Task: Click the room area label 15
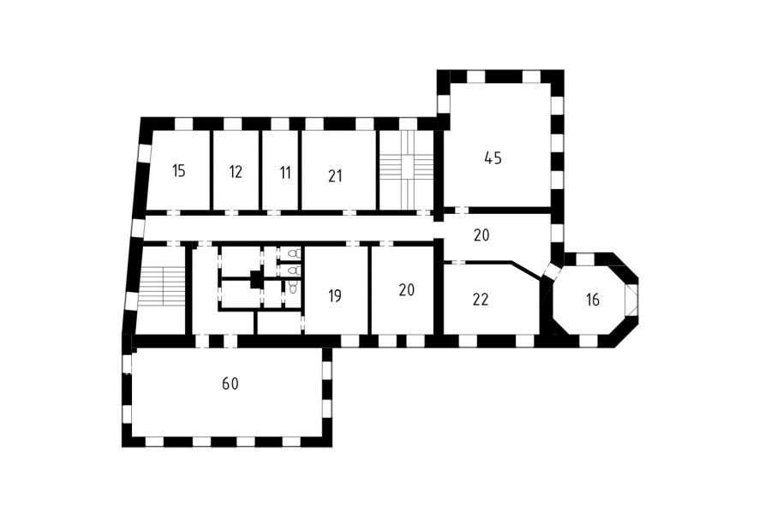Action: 179,171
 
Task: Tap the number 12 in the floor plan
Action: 236,172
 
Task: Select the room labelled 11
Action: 285,173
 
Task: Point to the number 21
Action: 335,176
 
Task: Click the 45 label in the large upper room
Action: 493,158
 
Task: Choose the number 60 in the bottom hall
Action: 230,383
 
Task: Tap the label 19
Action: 334,296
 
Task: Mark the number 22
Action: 481,300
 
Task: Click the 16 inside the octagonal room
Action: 593,300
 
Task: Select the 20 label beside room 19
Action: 407,290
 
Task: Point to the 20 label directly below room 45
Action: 481,235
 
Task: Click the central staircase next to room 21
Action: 406,169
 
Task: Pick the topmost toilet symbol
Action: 294,254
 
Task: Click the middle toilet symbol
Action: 294,270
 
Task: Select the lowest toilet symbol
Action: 293,287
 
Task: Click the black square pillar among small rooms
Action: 256,280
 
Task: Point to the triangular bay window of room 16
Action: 631,300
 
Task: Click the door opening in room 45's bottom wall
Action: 461,211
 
